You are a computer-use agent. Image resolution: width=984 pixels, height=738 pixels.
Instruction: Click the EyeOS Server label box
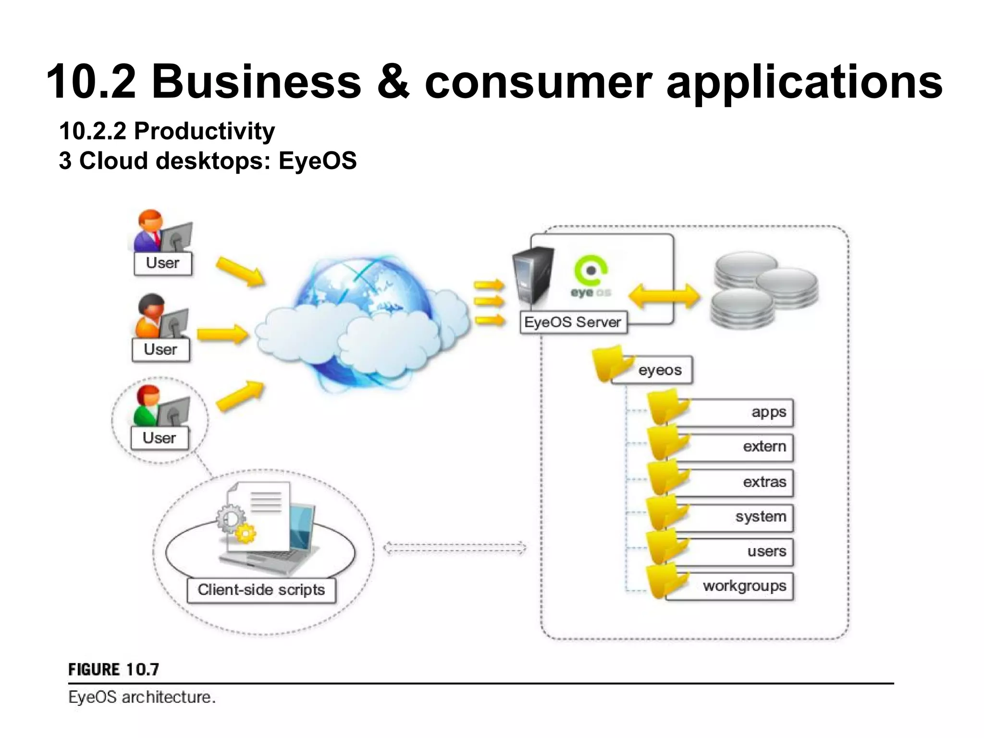pos(573,322)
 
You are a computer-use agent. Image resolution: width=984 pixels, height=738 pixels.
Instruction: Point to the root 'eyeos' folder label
pos(659,370)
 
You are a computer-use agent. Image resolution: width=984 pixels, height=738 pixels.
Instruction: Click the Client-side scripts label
pos(261,590)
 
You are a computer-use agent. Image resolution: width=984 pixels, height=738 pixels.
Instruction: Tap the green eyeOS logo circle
pos(590,271)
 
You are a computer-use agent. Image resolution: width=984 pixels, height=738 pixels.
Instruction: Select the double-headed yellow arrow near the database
pos(664,296)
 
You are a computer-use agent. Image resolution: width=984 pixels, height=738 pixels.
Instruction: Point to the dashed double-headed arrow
pos(455,548)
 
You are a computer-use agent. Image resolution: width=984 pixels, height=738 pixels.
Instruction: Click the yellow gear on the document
pos(246,533)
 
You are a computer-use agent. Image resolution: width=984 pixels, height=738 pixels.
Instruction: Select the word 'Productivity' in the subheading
pos(204,131)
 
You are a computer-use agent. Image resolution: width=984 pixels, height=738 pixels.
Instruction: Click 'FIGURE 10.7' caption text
pos(113,669)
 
